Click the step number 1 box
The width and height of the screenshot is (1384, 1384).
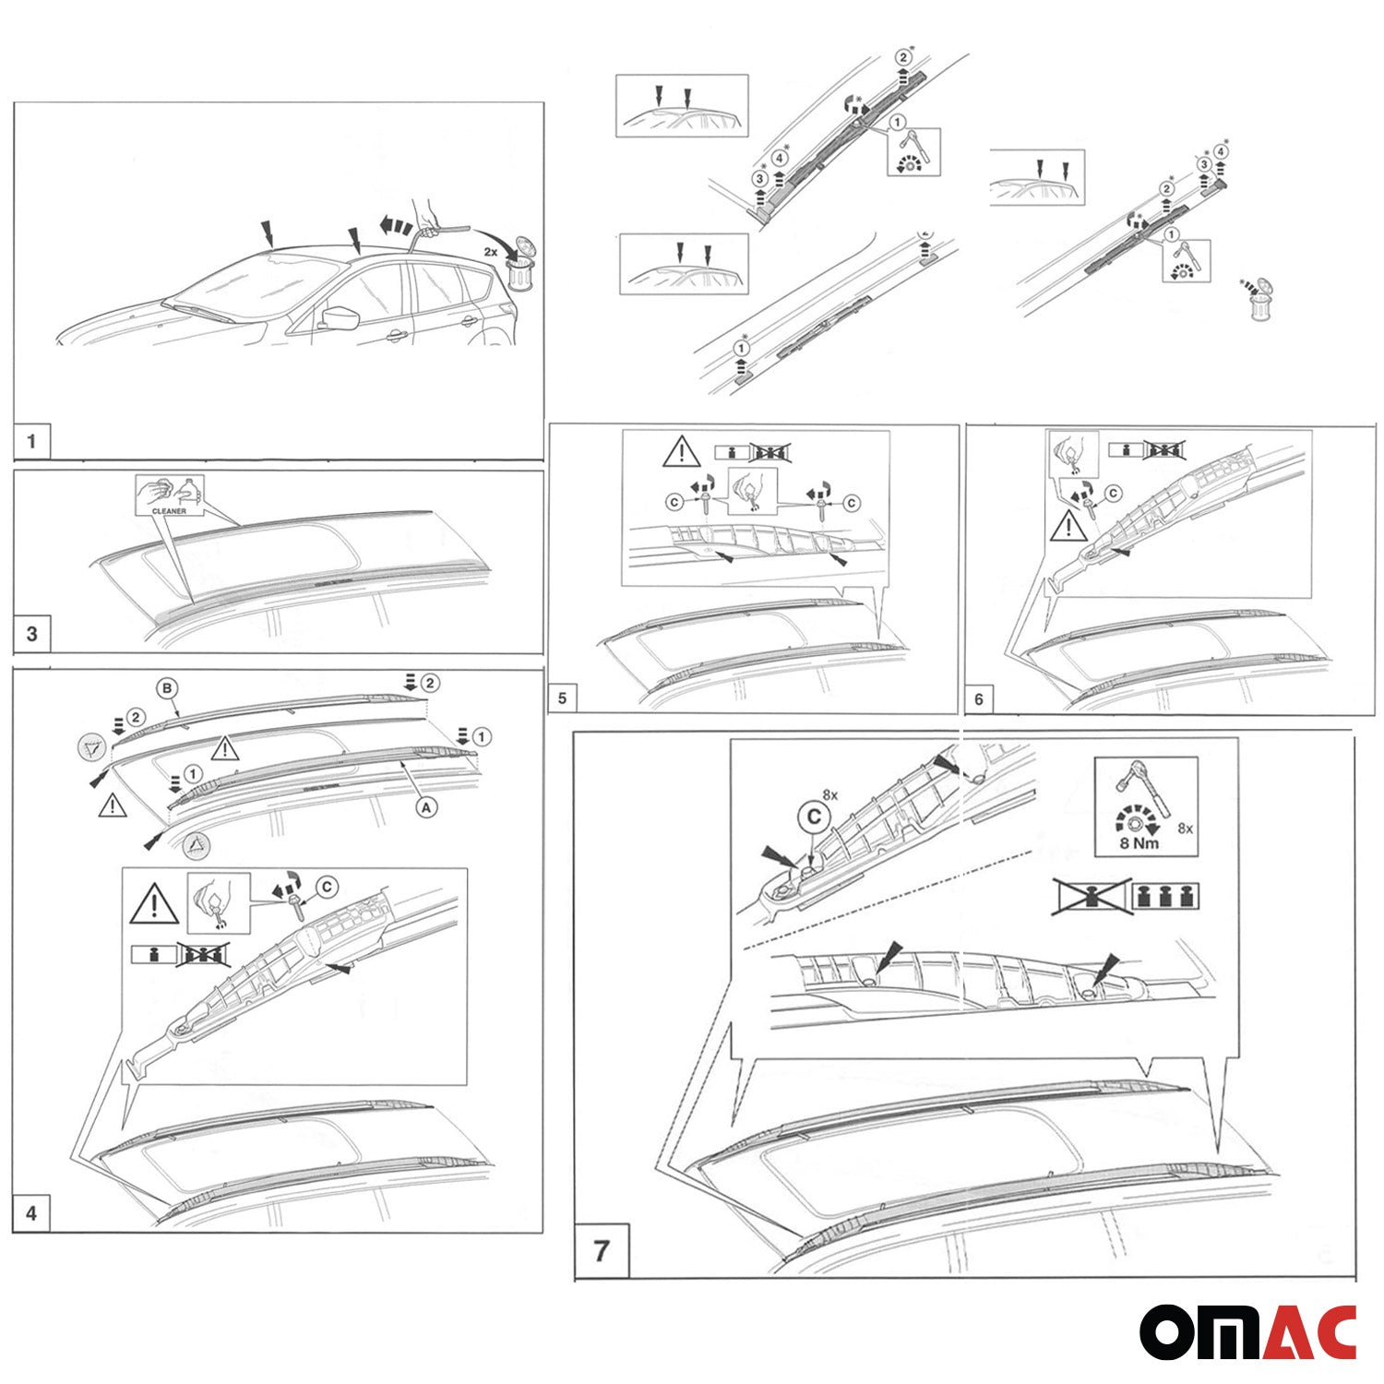coord(31,441)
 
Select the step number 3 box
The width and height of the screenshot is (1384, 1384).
coord(32,634)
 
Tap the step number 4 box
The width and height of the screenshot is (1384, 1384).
coord(31,1212)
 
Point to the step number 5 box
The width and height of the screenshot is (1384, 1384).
coord(562,698)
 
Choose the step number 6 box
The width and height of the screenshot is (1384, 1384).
coord(979,699)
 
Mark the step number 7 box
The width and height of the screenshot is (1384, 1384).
coord(602,1251)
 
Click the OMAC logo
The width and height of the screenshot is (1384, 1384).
coord(1247,1332)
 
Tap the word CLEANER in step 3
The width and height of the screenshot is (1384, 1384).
coord(169,510)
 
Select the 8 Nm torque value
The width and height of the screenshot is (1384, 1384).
coord(1139,842)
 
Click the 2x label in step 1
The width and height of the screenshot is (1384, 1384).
coord(491,251)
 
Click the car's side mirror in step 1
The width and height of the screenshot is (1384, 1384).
coord(332,317)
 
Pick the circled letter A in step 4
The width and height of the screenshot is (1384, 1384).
coord(425,806)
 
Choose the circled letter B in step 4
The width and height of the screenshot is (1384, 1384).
coord(167,688)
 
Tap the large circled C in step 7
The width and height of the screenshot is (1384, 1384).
coord(814,817)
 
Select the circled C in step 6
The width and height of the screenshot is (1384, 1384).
coord(1113,494)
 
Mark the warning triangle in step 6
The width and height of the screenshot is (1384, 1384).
coord(1068,527)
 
